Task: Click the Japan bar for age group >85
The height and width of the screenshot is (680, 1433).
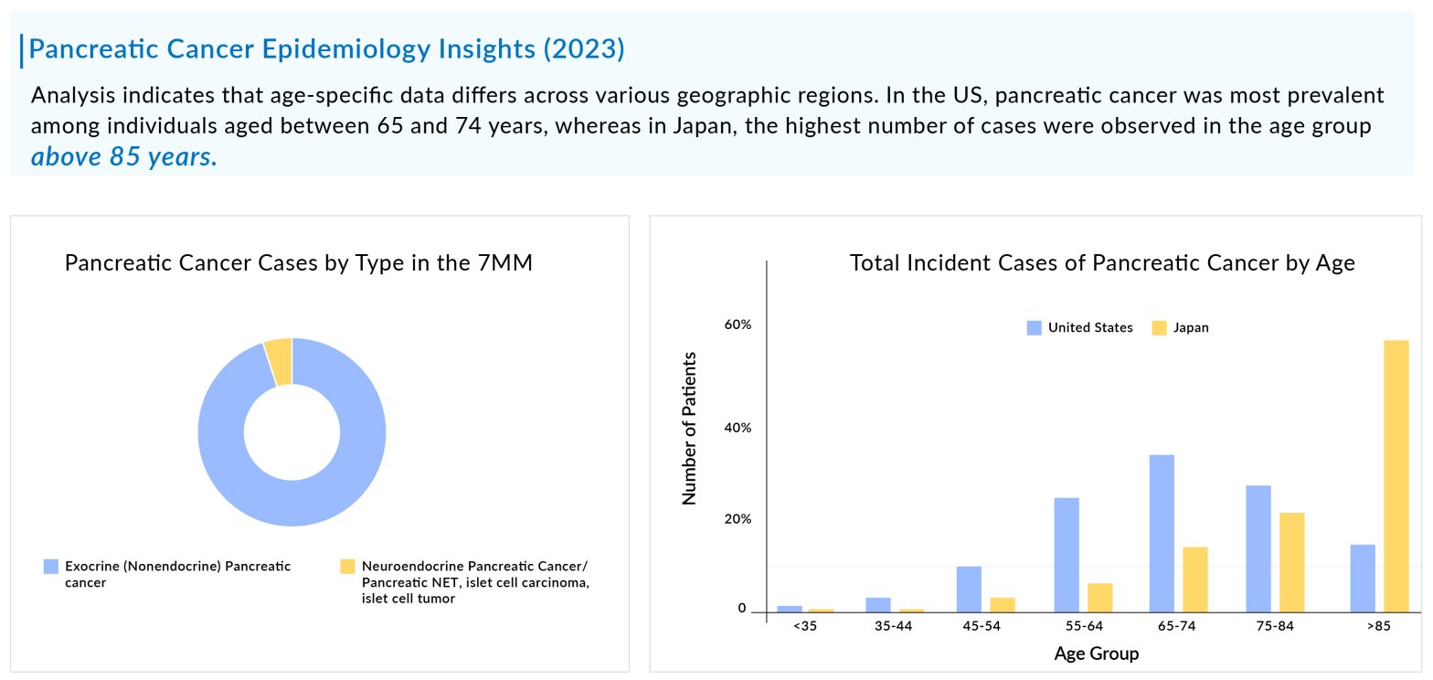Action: tap(1396, 475)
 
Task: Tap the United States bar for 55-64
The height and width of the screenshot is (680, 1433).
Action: tap(1066, 554)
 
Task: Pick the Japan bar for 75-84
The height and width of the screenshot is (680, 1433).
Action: tap(1291, 561)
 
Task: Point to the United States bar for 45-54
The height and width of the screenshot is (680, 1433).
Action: tap(969, 589)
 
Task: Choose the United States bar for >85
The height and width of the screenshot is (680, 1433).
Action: tap(1362, 578)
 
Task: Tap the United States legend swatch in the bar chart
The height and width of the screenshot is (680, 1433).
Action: tap(1034, 328)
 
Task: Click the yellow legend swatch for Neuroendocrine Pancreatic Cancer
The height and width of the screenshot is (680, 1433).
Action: tap(346, 567)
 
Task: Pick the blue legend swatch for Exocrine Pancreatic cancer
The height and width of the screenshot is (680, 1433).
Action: tap(51, 567)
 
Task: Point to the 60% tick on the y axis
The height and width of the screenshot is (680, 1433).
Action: tap(738, 325)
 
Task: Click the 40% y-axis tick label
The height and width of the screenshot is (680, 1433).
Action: tap(738, 429)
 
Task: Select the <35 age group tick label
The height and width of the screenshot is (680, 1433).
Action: tap(804, 627)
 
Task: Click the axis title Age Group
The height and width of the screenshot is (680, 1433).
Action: tap(1096, 653)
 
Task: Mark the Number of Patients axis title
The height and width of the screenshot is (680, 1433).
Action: tap(690, 428)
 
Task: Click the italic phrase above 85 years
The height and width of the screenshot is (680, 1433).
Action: tap(124, 157)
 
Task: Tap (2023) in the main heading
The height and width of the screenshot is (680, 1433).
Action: tap(584, 49)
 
